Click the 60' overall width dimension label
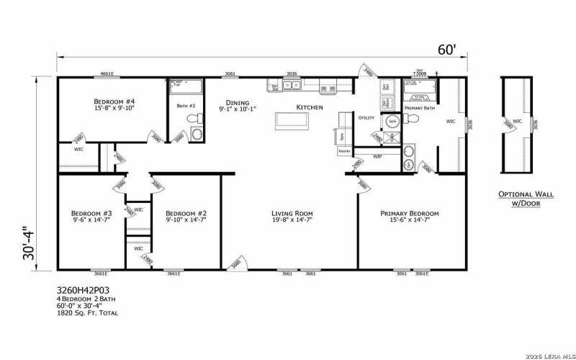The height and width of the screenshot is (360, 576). [446, 50]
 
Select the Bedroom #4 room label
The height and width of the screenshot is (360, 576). [114, 102]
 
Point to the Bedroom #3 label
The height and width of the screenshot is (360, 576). [91, 213]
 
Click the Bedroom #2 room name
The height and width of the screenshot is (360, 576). [186, 213]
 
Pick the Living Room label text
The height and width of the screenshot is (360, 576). [292, 213]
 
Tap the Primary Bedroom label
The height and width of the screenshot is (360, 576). [408, 213]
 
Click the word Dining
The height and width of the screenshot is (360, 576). [237, 103]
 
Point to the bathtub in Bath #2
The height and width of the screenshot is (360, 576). [186, 86]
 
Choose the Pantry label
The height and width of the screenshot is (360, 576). [343, 152]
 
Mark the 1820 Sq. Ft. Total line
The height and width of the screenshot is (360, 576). [87, 314]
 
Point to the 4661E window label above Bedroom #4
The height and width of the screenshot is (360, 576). [107, 74]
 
